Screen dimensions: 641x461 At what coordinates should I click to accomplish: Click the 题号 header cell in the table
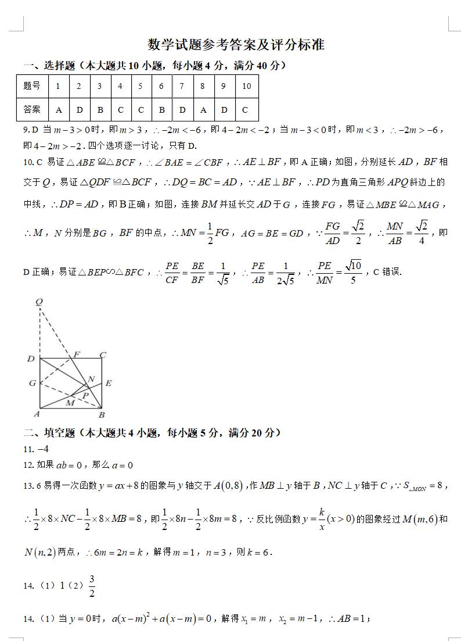pyautogui.click(x=32, y=87)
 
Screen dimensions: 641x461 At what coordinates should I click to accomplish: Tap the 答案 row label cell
pyautogui.click(x=32, y=109)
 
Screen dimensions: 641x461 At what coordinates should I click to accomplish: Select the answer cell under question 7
pyautogui.click(x=182, y=109)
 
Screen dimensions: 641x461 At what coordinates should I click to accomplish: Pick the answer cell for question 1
pyautogui.click(x=59, y=109)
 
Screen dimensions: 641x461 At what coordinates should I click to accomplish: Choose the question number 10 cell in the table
pyautogui.click(x=246, y=87)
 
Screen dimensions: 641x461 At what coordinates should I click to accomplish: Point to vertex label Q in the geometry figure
pyautogui.click(x=39, y=302)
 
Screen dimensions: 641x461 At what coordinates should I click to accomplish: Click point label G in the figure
pyautogui.click(x=33, y=383)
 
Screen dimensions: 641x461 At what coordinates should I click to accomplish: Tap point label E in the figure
pyautogui.click(x=108, y=383)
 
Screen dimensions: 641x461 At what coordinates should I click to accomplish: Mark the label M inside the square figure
pyautogui.click(x=70, y=402)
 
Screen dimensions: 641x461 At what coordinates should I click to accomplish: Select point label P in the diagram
pyautogui.click(x=85, y=395)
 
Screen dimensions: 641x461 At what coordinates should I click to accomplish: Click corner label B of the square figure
pyautogui.click(x=102, y=414)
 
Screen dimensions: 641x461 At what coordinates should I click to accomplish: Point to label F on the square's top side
pyautogui.click(x=77, y=354)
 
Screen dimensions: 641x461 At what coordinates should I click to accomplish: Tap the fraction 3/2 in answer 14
pyautogui.click(x=92, y=586)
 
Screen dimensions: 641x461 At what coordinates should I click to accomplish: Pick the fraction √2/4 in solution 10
pyautogui.click(x=422, y=232)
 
